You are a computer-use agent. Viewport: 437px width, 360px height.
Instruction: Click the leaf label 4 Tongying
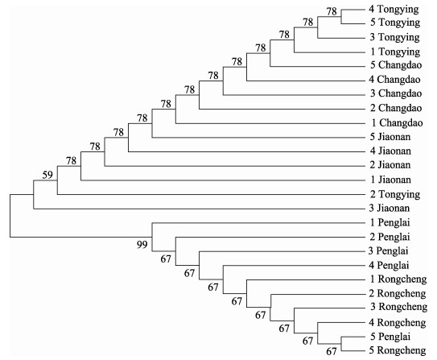click(394, 10)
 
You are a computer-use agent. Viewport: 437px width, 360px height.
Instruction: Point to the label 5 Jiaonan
click(390, 137)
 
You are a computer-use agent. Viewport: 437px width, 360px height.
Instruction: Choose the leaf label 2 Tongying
click(395, 195)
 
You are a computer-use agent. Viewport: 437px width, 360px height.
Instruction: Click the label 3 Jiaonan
click(389, 208)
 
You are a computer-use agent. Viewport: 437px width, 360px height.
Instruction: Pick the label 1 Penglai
click(390, 223)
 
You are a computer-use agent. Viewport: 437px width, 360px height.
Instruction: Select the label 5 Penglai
click(390, 337)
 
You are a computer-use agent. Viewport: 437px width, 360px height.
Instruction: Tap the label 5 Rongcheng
click(398, 351)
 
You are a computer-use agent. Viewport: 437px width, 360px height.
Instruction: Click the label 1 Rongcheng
click(398, 279)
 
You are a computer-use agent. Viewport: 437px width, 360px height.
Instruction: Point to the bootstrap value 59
click(47, 175)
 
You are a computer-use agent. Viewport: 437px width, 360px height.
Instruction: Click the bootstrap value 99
click(142, 245)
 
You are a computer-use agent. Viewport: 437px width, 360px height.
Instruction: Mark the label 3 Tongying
click(394, 38)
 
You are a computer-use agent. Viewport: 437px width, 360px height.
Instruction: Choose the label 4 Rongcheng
click(398, 323)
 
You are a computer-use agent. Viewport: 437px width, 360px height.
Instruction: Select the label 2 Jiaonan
click(390, 165)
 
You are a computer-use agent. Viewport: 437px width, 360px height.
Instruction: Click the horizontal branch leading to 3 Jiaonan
click(200, 209)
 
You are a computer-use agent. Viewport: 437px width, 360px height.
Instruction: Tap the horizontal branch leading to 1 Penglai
click(258, 223)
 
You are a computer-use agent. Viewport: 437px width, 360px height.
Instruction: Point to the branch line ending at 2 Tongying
click(211, 194)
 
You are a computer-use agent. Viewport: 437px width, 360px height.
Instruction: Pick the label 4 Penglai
click(389, 265)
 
